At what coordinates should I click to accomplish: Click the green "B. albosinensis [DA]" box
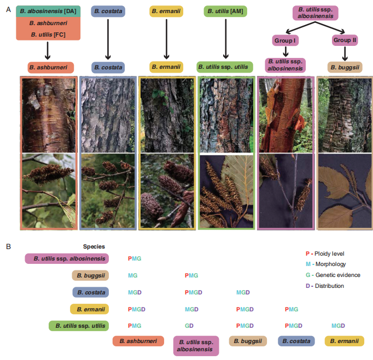click(49, 11)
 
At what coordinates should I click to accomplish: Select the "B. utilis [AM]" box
click(225, 11)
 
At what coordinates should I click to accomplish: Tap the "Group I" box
click(285, 40)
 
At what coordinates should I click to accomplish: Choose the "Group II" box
click(345, 40)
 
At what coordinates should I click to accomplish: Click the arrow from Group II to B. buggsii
click(345, 53)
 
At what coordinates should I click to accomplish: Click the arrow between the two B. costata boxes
click(108, 38)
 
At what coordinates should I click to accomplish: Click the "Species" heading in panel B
click(94, 246)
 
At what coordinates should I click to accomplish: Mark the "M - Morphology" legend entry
click(325, 264)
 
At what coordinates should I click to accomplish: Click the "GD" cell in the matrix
click(189, 325)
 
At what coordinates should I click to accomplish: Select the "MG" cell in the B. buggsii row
click(132, 275)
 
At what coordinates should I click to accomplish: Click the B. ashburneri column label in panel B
click(138, 341)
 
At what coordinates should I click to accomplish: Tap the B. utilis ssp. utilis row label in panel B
click(79, 326)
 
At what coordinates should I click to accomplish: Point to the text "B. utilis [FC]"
click(49, 34)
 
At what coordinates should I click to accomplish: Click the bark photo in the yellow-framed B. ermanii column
click(166, 115)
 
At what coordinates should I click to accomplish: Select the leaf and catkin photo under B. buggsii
click(345, 191)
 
